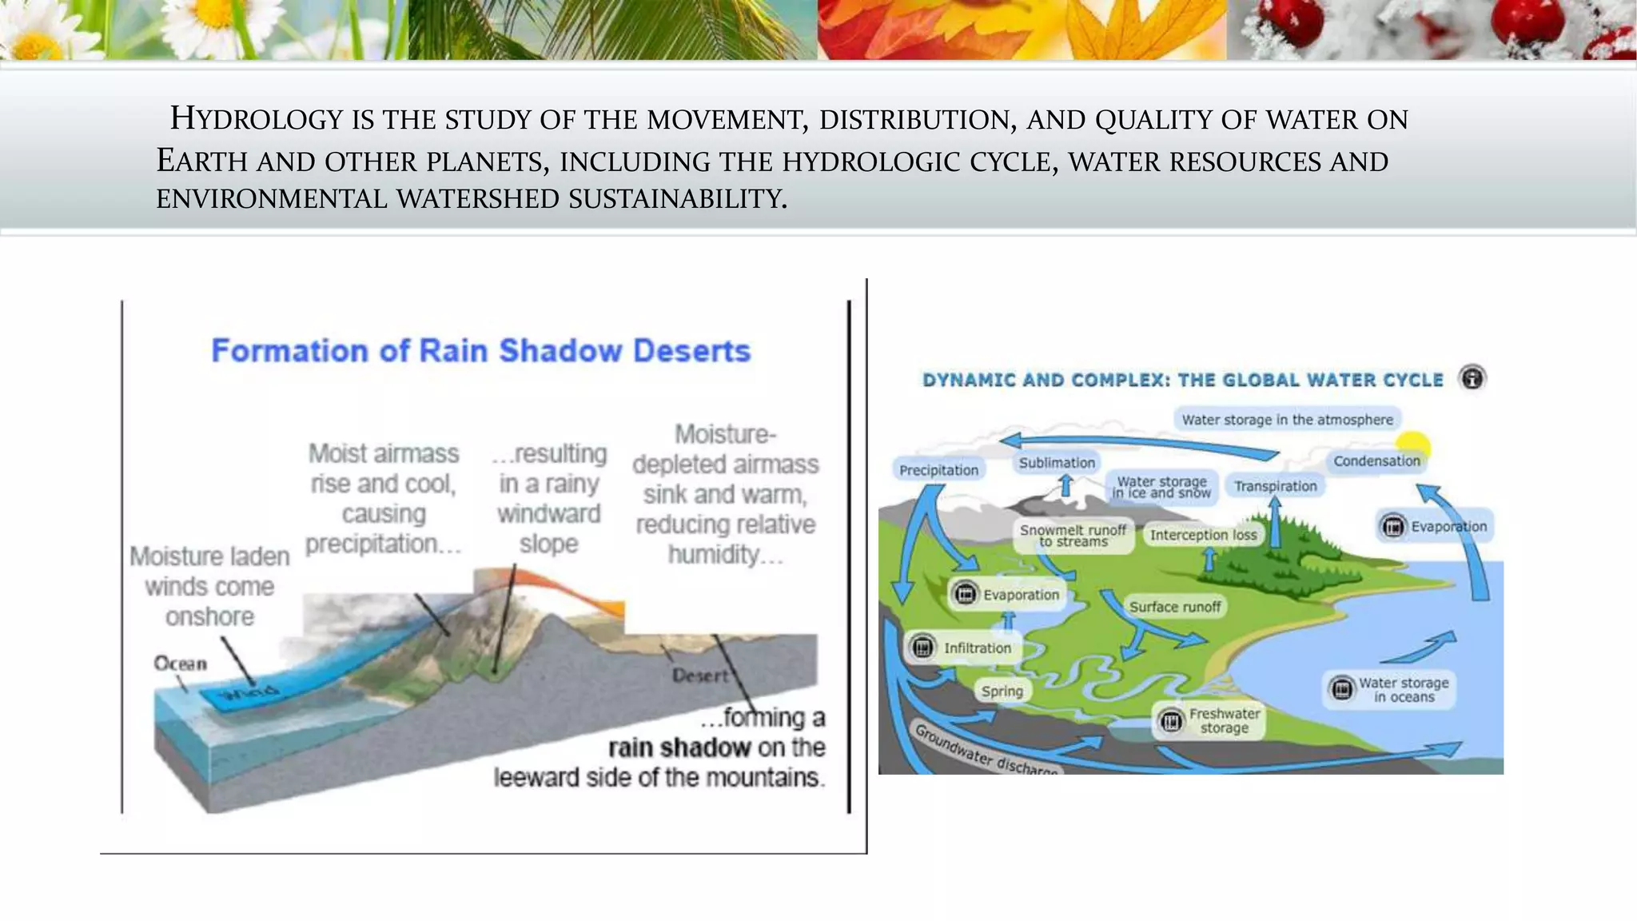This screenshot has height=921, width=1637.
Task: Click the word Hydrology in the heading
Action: point(257,119)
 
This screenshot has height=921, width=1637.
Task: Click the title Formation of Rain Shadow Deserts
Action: point(480,351)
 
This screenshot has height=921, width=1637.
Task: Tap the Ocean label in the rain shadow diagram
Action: point(180,664)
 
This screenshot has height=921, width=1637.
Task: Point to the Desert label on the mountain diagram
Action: point(699,676)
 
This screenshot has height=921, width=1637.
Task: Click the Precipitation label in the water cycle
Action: point(938,470)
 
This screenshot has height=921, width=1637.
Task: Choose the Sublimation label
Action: point(1057,463)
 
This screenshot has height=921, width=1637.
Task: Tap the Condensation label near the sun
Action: point(1376,461)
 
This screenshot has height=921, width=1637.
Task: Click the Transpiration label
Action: point(1275,486)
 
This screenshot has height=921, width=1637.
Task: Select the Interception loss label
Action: point(1203,535)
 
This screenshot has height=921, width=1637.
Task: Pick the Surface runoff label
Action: point(1174,607)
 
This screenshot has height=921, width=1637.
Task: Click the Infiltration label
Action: point(977,648)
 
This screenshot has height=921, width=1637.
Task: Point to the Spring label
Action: point(1002,692)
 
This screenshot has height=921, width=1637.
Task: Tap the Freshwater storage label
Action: point(1223,721)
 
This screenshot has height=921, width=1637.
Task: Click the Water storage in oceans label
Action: point(1403,690)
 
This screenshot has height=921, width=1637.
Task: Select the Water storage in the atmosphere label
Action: point(1287,420)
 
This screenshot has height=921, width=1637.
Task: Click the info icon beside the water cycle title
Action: point(1472,377)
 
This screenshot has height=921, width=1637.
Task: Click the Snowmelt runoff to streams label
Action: point(1073,536)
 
